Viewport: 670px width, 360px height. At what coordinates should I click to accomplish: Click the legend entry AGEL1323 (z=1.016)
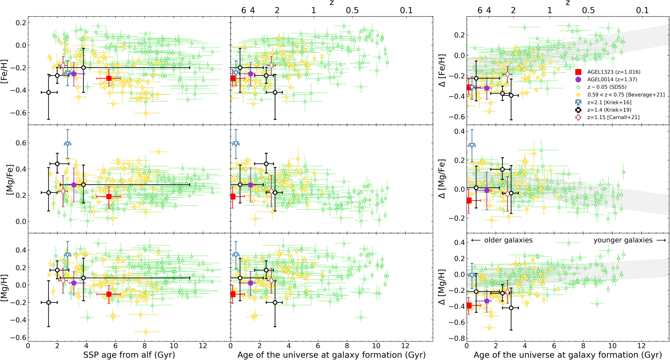[x=612, y=72]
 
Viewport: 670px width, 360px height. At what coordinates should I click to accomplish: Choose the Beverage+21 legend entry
[x=626, y=95]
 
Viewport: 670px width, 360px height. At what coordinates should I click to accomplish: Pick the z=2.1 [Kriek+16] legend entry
[x=609, y=102]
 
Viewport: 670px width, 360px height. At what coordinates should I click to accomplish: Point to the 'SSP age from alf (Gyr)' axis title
[x=129, y=355]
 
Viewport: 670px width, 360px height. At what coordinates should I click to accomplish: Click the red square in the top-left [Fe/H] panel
[x=109, y=78]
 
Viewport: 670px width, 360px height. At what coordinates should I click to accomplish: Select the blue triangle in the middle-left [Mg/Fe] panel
[x=67, y=144]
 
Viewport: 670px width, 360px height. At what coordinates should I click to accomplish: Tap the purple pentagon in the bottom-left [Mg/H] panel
[x=74, y=283]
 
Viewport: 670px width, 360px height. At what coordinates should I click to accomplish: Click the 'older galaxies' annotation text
[x=508, y=240]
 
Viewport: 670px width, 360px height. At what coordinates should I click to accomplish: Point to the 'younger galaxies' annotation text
[x=623, y=240]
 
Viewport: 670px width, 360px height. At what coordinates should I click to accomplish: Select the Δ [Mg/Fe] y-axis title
[x=442, y=179]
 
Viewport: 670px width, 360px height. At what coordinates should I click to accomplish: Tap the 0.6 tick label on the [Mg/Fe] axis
[x=21, y=143]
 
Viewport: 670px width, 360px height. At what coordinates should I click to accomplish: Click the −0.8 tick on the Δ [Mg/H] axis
[x=457, y=338]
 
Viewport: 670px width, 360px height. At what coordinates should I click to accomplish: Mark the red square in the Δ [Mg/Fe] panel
[x=469, y=200]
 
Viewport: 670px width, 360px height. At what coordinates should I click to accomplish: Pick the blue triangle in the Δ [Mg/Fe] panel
[x=472, y=146]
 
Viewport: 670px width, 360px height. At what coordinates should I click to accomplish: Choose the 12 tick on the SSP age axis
[x=203, y=346]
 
